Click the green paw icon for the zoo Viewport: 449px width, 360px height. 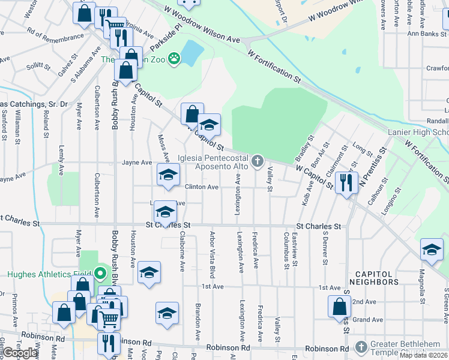(174, 58)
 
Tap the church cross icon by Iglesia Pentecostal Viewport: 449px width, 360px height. (258, 160)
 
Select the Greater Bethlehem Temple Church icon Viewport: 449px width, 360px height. (361, 347)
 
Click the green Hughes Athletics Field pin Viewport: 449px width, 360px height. (101, 274)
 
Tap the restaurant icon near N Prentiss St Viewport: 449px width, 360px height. (346, 182)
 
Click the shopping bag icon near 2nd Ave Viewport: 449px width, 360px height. (339, 306)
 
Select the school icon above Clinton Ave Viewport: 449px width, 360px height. (168, 175)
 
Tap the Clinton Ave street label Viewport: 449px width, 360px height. (202, 187)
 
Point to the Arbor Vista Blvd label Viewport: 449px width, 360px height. (212, 255)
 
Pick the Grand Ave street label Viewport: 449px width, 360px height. (368, 320)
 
